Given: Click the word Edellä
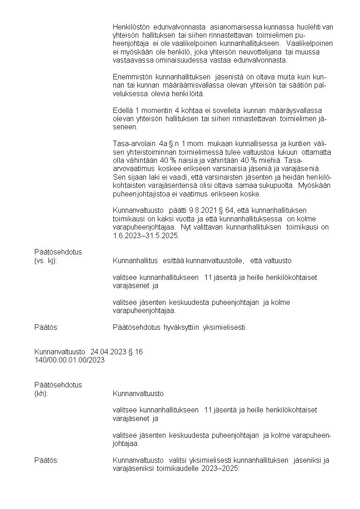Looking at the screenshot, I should click(x=122, y=111).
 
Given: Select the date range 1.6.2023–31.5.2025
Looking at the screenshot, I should click(x=146, y=235).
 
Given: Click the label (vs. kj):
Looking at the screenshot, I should click(x=46, y=260).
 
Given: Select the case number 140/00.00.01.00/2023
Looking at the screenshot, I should click(x=69, y=360).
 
